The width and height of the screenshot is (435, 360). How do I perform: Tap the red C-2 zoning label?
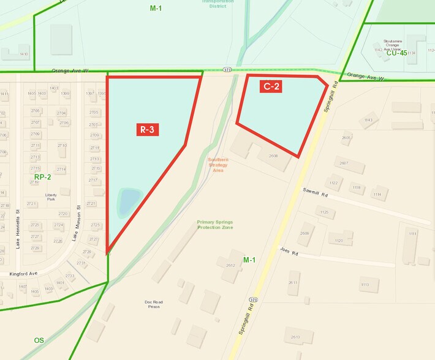pyautogui.click(x=271, y=86)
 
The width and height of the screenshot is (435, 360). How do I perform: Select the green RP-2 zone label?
pyautogui.click(x=42, y=178)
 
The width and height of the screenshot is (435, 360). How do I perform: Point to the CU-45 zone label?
pyautogui.click(x=396, y=53)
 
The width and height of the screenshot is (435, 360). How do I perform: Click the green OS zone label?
pyautogui.click(x=39, y=340)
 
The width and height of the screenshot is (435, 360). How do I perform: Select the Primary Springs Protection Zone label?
pyautogui.click(x=215, y=225)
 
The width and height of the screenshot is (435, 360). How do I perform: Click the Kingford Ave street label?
pyautogui.click(x=23, y=274)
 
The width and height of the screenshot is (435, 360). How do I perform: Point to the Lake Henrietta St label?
pyautogui.click(x=18, y=236)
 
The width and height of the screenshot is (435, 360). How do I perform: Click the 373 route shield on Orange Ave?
pyautogui.click(x=227, y=70)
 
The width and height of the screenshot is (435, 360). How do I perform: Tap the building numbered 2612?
pyautogui.click(x=230, y=264)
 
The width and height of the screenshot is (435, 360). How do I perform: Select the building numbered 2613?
pyautogui.click(x=295, y=337)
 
